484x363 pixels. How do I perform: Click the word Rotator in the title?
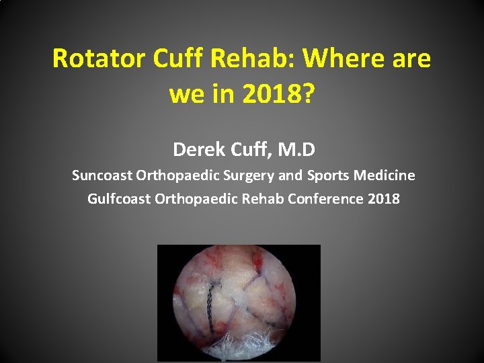(x=99, y=59)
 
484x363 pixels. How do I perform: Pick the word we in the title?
(x=186, y=94)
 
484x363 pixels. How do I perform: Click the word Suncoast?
(x=102, y=175)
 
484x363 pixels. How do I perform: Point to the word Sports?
(x=329, y=175)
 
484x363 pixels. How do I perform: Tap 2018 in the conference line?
(x=385, y=199)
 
